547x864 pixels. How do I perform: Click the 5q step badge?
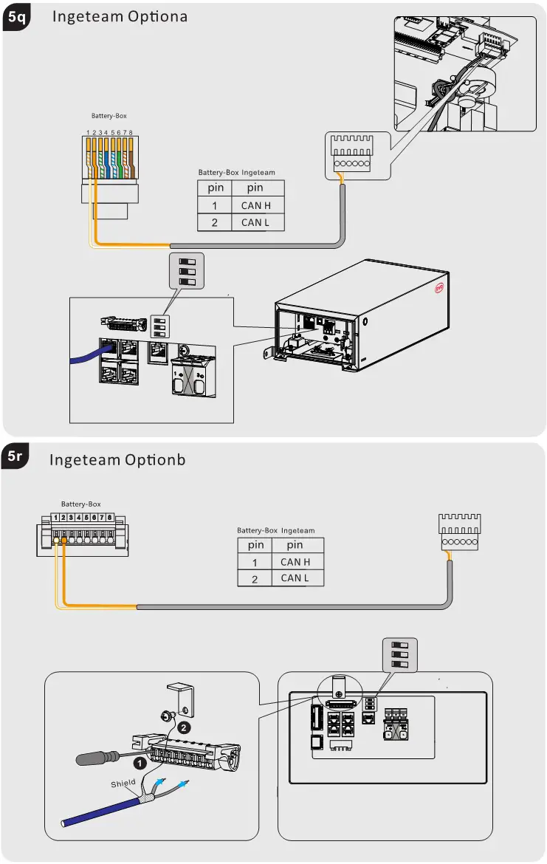click(x=16, y=20)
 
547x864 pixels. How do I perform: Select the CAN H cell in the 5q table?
click(x=256, y=205)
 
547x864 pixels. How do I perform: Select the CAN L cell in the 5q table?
click(x=255, y=222)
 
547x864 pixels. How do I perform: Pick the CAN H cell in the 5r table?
click(x=295, y=562)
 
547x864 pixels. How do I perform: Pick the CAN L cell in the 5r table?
click(x=295, y=578)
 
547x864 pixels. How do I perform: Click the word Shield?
click(x=123, y=784)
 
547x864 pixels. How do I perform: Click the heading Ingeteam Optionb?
click(x=117, y=460)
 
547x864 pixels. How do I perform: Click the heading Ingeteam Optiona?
click(x=120, y=16)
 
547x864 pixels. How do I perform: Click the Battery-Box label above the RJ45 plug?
click(x=109, y=116)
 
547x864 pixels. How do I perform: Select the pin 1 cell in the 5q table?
click(x=215, y=205)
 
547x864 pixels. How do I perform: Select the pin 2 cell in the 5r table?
click(x=255, y=578)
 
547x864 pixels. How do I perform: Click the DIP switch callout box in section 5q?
click(x=187, y=271)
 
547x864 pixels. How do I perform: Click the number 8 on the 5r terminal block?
click(x=110, y=518)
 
